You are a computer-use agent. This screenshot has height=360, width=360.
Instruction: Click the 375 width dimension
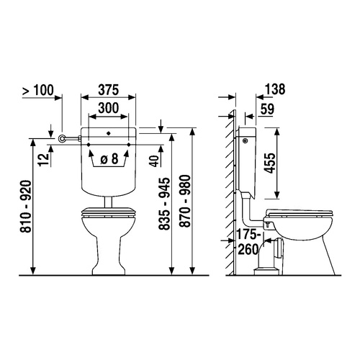[109, 90]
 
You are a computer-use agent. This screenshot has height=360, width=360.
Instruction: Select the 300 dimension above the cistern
[109, 108]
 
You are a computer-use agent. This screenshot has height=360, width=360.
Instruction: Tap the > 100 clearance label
[38, 90]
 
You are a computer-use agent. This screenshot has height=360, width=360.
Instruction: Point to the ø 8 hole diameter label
[109, 158]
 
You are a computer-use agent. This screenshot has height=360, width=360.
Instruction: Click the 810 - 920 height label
[25, 207]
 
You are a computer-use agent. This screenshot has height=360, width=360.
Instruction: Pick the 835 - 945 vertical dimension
[165, 204]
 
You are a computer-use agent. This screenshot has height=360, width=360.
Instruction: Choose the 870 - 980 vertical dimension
[185, 201]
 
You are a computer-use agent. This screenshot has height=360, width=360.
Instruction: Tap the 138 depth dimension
[275, 89]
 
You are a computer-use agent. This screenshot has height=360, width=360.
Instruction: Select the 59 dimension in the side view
[267, 109]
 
